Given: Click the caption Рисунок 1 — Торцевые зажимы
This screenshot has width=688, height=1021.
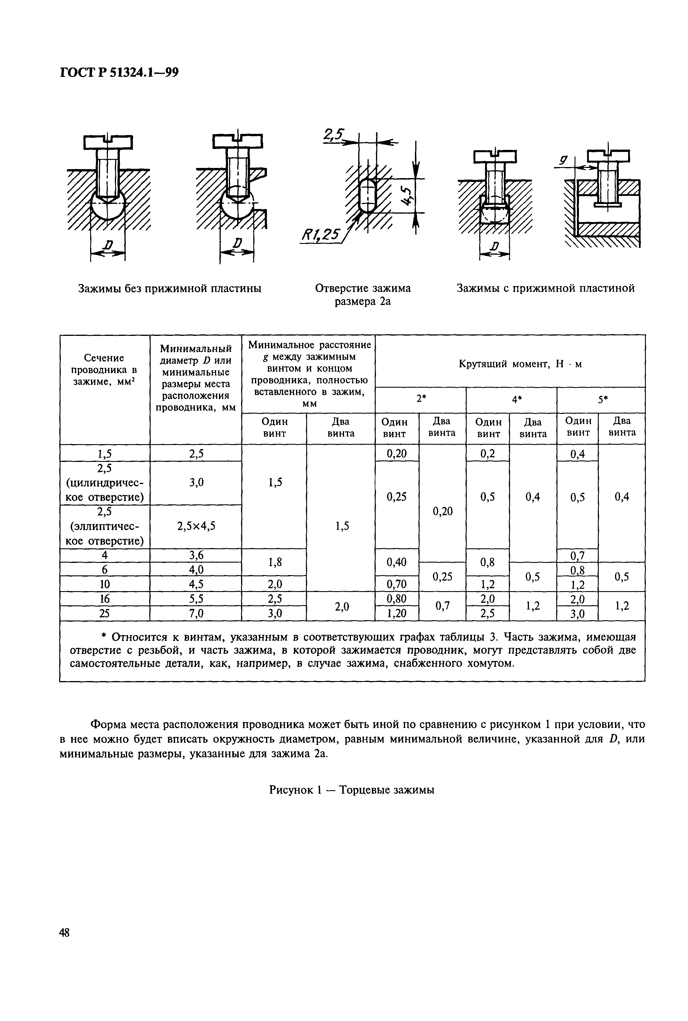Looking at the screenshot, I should click(x=352, y=790).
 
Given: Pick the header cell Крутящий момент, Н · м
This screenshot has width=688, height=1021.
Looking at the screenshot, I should click(x=521, y=364).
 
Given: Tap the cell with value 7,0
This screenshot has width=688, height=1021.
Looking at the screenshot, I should click(x=196, y=613).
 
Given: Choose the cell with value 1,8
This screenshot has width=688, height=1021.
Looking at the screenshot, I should click(x=274, y=562).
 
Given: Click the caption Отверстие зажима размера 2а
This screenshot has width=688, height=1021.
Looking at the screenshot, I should click(x=363, y=295).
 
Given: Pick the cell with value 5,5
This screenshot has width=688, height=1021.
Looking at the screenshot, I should click(x=196, y=599).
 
